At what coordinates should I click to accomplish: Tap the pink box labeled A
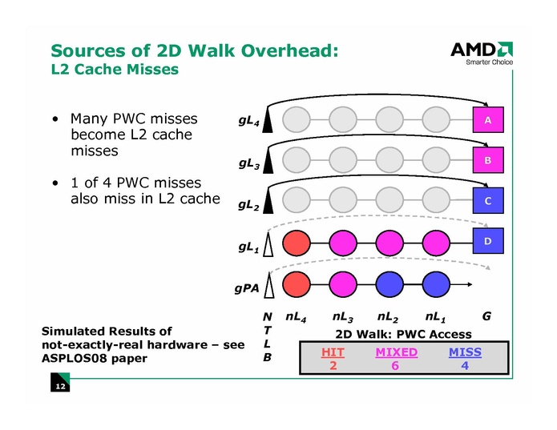486,120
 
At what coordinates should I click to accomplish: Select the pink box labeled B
486,160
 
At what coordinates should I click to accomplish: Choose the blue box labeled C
486,200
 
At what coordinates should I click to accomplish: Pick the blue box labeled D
486,240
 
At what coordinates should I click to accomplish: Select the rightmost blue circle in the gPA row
437,283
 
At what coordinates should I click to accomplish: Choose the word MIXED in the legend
396,352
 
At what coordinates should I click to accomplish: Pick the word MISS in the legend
465,352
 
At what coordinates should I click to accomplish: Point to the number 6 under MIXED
396,366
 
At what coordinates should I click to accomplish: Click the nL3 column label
344,317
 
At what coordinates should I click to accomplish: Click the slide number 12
59,388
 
